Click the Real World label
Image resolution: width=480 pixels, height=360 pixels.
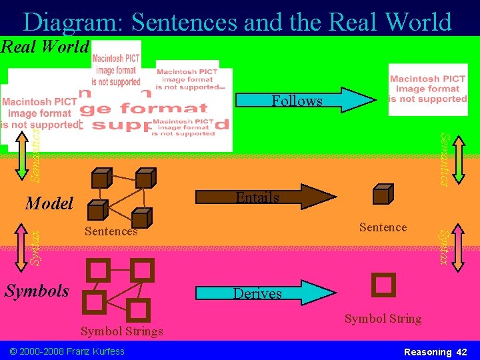(x=45, y=47)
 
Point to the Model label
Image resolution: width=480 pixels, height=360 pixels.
(x=49, y=203)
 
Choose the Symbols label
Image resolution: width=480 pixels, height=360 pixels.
(x=37, y=291)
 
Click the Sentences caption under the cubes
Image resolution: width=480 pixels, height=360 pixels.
(x=111, y=231)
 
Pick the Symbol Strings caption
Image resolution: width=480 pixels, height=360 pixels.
(x=121, y=331)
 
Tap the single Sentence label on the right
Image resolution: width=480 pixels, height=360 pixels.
(x=383, y=227)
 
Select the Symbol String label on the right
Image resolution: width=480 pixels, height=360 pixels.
(x=383, y=319)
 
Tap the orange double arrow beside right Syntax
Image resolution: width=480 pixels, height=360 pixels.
(x=458, y=246)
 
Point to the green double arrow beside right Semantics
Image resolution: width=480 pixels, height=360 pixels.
(x=457, y=156)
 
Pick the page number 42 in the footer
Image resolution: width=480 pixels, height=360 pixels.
(x=462, y=351)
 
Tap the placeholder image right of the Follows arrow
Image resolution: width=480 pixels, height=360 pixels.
(x=428, y=89)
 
